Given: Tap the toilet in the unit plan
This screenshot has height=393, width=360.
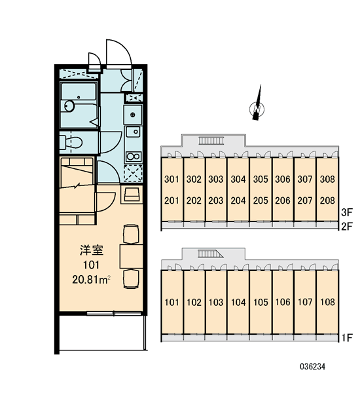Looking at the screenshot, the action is tap(71, 142).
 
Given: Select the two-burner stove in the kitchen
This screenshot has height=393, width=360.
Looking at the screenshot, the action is tap(134, 157).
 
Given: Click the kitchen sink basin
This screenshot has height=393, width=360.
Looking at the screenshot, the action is tap(134, 132).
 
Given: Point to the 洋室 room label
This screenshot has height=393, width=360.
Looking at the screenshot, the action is tap(92, 250).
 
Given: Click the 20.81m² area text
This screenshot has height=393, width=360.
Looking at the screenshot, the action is tap(92, 280).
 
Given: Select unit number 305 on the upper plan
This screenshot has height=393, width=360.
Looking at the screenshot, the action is tap(261, 179).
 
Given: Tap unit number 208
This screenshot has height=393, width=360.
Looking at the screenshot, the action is tap(327, 200).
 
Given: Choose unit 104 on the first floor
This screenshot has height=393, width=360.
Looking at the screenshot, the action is tap(238, 302).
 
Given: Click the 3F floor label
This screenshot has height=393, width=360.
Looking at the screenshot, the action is tap(347, 212).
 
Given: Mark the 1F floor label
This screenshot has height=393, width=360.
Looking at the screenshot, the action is tap(347, 338).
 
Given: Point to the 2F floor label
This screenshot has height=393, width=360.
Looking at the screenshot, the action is tap(347, 227).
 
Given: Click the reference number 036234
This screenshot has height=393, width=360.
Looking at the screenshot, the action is tap(312, 367).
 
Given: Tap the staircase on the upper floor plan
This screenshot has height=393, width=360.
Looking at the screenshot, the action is tap(211, 141).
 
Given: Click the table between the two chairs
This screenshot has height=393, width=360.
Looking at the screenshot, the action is tap(131, 257).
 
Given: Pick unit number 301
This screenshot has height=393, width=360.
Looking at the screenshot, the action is tap(171, 179).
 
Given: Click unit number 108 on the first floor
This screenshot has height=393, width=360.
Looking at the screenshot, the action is tap(327, 302).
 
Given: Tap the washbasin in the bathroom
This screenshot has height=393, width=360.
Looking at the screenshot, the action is tap(69, 105).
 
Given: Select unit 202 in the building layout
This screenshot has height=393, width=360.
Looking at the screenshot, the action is tap(194, 200).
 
